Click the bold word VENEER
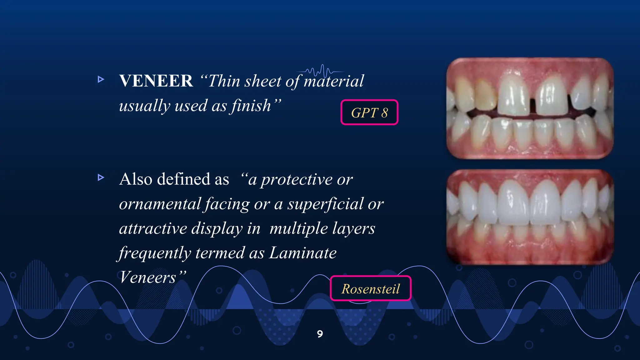click(x=156, y=81)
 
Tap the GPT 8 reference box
click(x=369, y=112)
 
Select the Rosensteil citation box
click(x=370, y=288)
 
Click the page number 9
click(x=320, y=334)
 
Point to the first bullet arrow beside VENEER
click(x=101, y=79)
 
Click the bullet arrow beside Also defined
click(x=101, y=178)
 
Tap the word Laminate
click(x=302, y=253)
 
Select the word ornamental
click(x=160, y=204)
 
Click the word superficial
click(x=325, y=204)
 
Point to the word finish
click(x=251, y=106)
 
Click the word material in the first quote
click(x=333, y=81)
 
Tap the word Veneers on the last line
click(x=147, y=277)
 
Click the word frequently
click(x=154, y=253)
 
